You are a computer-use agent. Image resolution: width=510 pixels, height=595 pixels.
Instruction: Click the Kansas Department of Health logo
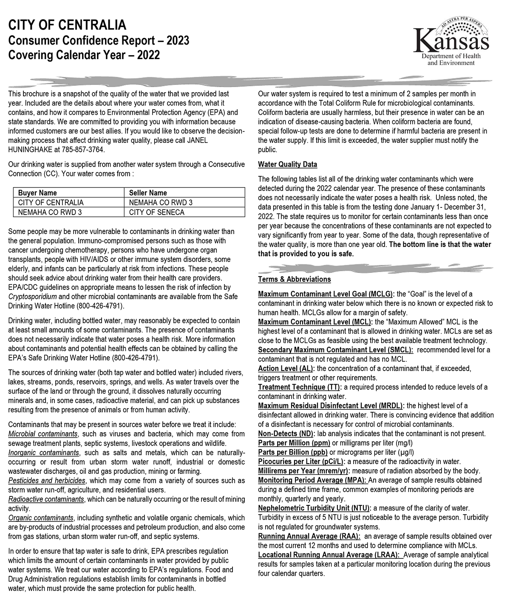click(451, 42)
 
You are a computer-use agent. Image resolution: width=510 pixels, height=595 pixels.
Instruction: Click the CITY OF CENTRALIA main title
click(67, 25)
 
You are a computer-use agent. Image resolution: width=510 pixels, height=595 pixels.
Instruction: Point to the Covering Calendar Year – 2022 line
click(84, 55)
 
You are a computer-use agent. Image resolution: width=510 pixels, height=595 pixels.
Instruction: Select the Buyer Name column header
click(37, 193)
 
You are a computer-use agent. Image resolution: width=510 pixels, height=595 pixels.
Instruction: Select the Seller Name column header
click(148, 193)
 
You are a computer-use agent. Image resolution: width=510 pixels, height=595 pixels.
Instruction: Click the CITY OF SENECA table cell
click(157, 212)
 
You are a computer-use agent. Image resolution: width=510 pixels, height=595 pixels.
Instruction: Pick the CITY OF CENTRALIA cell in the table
click(51, 202)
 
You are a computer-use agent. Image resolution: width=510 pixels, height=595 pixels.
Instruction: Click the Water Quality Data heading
click(287, 164)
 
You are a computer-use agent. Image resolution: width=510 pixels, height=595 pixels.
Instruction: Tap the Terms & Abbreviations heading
click(294, 279)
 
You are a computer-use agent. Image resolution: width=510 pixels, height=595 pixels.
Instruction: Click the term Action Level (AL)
click(286, 368)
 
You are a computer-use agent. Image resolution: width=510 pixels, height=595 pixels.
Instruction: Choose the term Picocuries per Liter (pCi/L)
click(302, 462)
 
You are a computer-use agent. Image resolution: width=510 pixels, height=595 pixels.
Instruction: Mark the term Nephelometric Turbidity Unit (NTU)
click(314, 508)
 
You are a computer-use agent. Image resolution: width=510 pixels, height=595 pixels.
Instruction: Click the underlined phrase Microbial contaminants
click(43, 434)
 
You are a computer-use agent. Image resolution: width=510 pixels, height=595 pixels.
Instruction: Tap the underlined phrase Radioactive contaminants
click(46, 499)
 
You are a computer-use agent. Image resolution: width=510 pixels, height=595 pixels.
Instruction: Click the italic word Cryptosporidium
click(33, 297)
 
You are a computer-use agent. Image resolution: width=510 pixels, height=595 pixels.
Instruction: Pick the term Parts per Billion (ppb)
click(293, 452)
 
